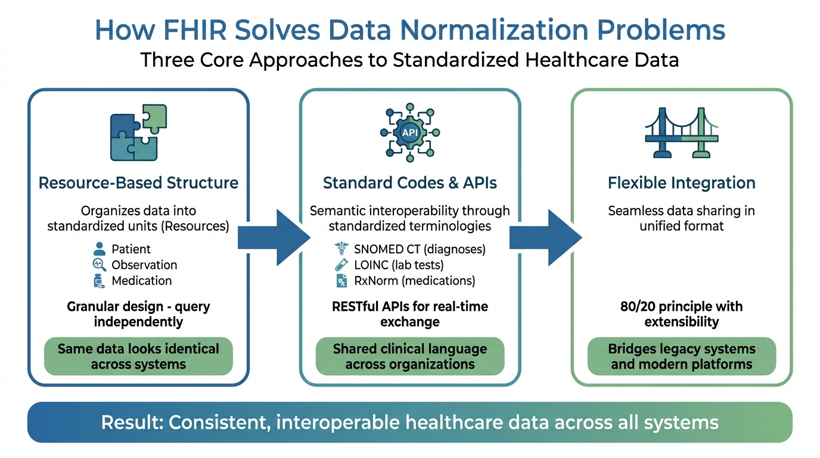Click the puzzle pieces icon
[138, 132]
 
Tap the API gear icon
[410, 132]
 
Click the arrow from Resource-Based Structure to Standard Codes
[273, 237]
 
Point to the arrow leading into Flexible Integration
[545, 237]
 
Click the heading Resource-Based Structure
[138, 182]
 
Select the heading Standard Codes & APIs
[410, 182]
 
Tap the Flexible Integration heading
[682, 182]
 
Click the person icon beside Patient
[100, 249]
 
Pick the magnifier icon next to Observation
[100, 265]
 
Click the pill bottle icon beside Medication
[99, 281]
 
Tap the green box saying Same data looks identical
[138, 357]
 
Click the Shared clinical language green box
[410, 357]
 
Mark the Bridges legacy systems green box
[682, 357]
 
